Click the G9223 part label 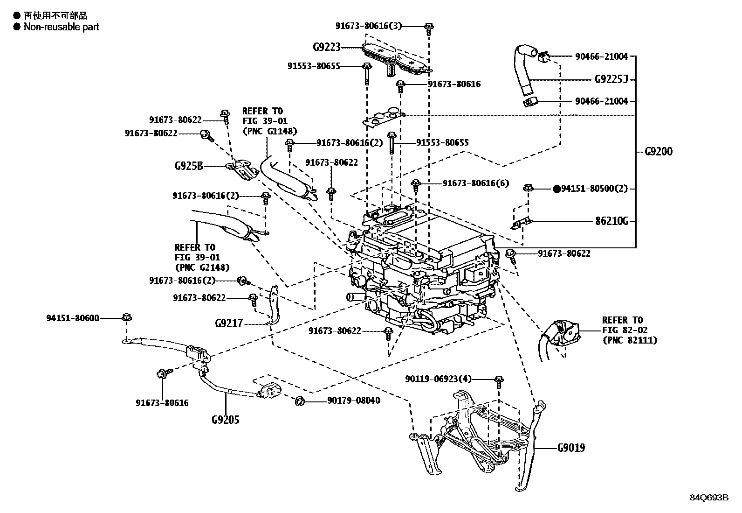click(326, 47)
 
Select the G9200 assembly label click(659, 152)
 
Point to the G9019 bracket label click(571, 448)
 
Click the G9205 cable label click(225, 420)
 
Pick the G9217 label click(229, 323)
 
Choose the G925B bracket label click(189, 166)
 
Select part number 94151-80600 click(73, 318)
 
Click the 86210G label click(611, 221)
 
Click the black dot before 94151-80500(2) click(556, 189)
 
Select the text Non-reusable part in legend click(62, 27)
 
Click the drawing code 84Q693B click(709, 498)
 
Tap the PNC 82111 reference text click(629, 340)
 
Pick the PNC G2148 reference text click(202, 267)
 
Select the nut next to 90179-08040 click(301, 400)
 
